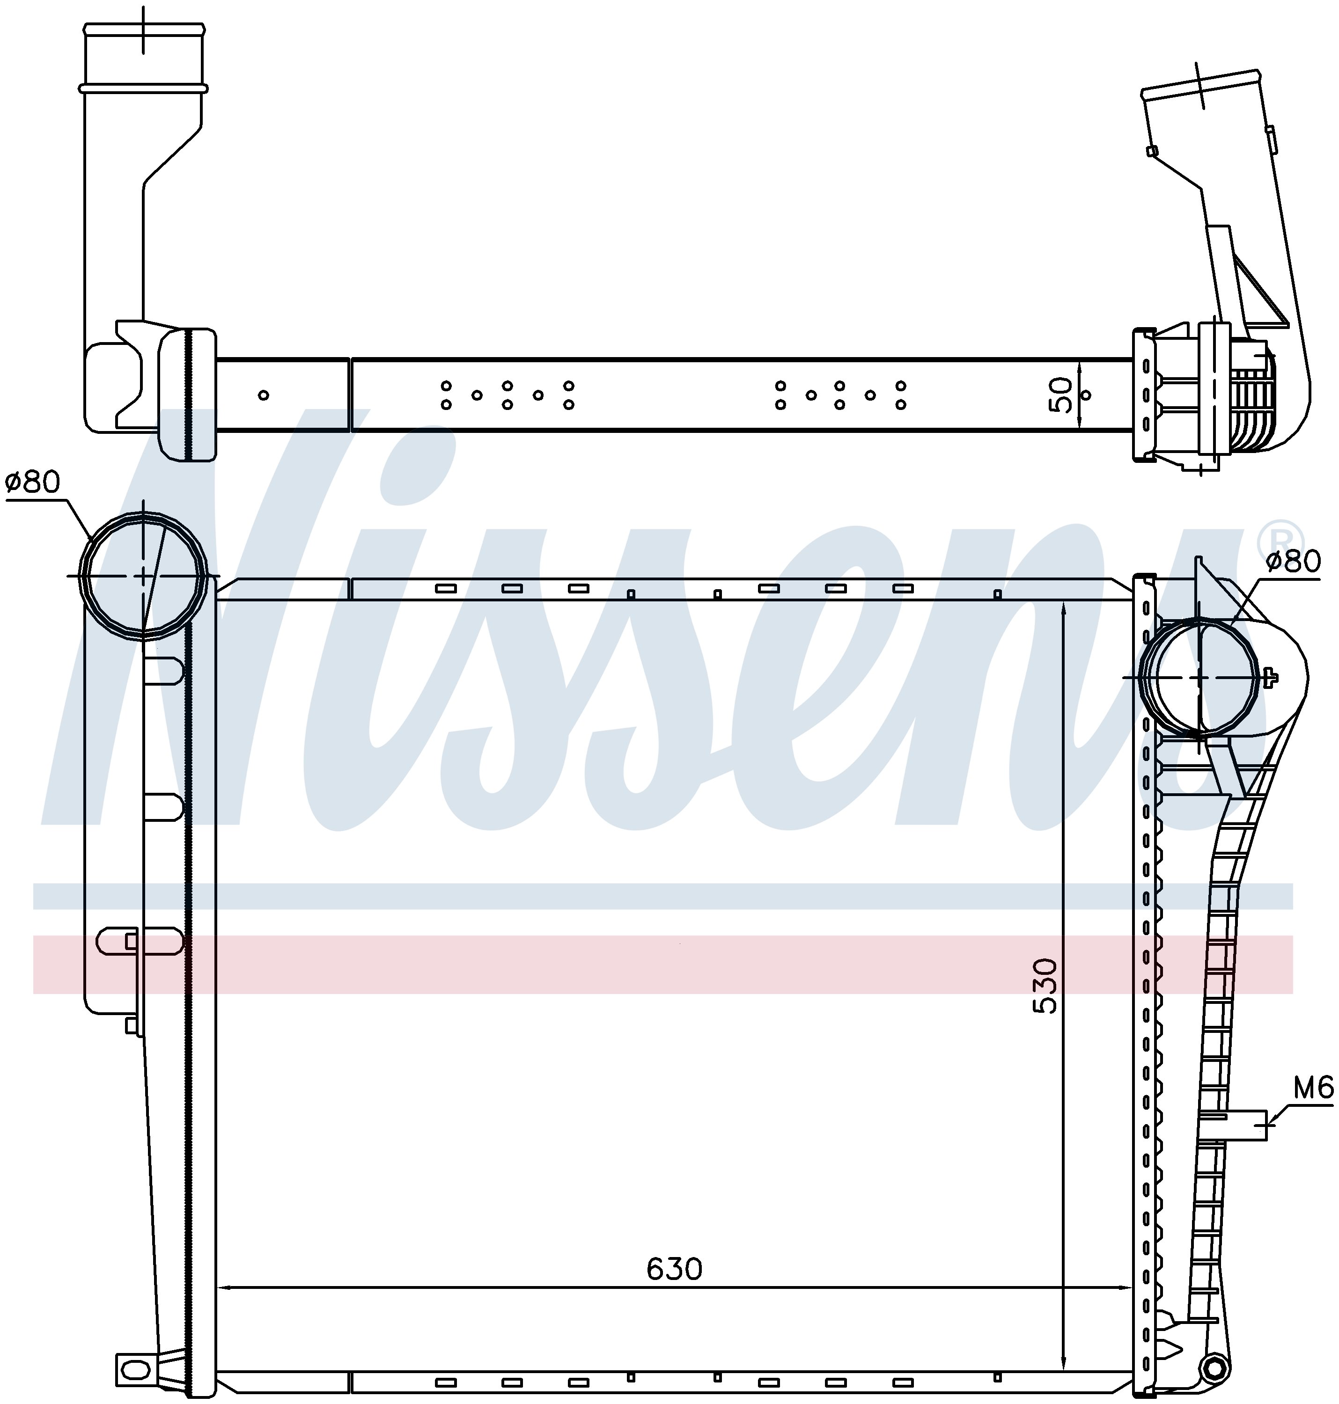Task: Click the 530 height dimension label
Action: [1045, 987]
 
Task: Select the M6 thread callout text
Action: [1313, 1108]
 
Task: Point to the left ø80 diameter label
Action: [33, 483]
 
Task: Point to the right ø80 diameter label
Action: [1293, 562]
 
